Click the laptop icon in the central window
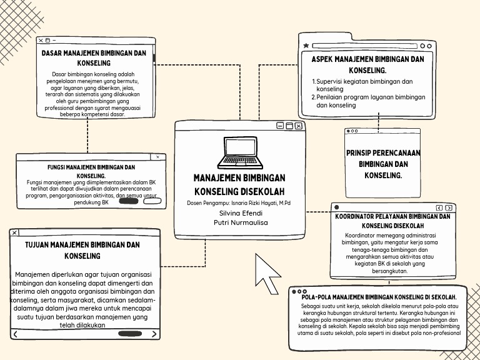click(x=240, y=153)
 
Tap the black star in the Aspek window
click(x=306, y=46)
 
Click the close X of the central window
click(x=299, y=126)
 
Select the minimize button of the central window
click(x=280, y=126)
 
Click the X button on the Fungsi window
click(x=157, y=157)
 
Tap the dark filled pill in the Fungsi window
click(x=129, y=201)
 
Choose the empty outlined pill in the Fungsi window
click(x=152, y=201)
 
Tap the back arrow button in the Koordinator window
click(x=439, y=207)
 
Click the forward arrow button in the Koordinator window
click(x=449, y=207)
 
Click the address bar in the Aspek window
click(x=364, y=46)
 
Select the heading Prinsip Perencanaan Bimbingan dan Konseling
click(x=383, y=164)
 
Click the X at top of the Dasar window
click(x=41, y=41)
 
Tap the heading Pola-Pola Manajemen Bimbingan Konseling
click(x=379, y=297)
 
